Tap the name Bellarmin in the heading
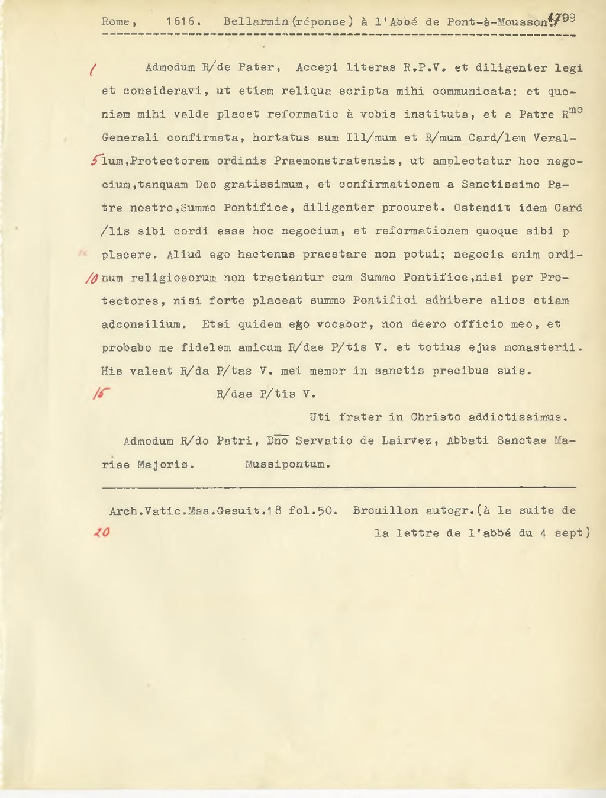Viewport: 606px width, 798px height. tap(256, 22)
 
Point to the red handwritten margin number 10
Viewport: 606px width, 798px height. tap(92, 278)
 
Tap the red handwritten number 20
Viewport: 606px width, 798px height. tap(102, 532)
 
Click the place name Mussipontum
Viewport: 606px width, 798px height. tap(288, 465)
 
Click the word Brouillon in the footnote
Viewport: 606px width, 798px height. tap(385, 511)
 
